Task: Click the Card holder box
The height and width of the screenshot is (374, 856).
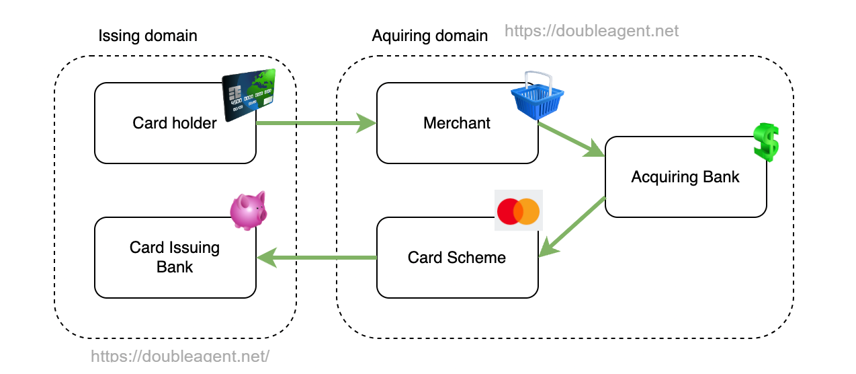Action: tap(175, 123)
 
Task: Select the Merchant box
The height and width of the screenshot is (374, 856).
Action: tap(457, 123)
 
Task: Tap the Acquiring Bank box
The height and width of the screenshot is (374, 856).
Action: tap(685, 177)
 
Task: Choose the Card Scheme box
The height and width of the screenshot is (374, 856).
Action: tap(457, 258)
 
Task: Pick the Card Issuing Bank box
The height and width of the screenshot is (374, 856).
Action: tap(175, 258)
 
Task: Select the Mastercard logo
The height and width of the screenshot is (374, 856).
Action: tap(518, 211)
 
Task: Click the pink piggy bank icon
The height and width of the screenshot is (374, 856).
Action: tap(249, 210)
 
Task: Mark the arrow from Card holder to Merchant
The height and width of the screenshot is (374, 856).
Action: tap(316, 123)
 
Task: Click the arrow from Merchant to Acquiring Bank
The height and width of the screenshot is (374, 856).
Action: tap(572, 140)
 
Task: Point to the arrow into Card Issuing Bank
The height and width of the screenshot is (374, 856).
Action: tap(316, 258)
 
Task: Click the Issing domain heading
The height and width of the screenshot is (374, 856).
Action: tap(148, 36)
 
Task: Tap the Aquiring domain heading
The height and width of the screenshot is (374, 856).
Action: tap(430, 36)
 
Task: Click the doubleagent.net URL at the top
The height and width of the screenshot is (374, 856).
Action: tap(591, 31)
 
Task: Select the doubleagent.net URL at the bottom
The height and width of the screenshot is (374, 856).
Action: tap(180, 357)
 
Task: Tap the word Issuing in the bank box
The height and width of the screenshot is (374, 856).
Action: tap(194, 248)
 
